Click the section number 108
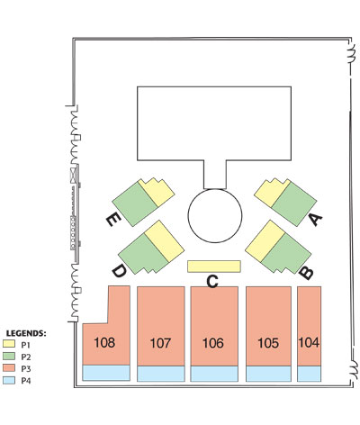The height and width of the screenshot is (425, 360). (104, 342)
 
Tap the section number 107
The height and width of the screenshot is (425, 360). (160, 343)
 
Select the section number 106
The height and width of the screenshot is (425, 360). (213, 343)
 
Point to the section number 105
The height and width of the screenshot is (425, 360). (268, 343)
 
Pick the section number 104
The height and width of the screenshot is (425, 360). (309, 342)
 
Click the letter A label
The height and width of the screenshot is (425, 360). (316, 220)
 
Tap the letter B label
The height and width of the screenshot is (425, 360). (306, 273)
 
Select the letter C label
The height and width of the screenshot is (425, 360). (212, 282)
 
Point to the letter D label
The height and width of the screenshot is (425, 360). (119, 272)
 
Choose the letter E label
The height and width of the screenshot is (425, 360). (113, 221)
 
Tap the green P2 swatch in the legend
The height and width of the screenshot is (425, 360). (9, 357)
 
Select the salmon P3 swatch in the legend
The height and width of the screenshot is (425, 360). (9, 368)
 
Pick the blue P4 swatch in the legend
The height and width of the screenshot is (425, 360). (9, 381)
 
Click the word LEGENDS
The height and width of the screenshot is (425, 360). (25, 333)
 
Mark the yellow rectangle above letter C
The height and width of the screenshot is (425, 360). (214, 267)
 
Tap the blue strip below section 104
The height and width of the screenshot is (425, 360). (309, 374)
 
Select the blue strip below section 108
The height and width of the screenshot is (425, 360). (106, 373)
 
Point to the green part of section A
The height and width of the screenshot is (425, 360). (294, 204)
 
